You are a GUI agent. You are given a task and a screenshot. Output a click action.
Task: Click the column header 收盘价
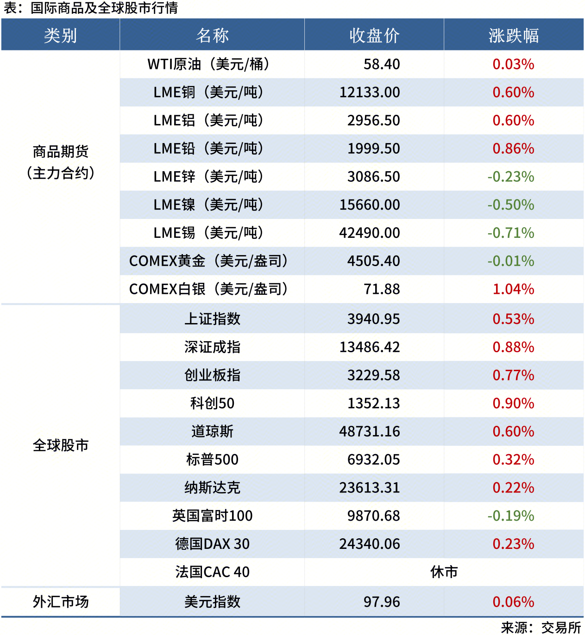point(374,36)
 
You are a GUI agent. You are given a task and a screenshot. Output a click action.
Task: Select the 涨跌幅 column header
point(513,36)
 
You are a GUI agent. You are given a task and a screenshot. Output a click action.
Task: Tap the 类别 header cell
point(60,36)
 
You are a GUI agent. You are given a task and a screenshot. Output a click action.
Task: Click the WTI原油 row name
point(208,64)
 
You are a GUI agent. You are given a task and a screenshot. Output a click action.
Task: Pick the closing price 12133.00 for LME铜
point(370,93)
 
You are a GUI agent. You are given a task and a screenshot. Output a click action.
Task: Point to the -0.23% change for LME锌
point(510,177)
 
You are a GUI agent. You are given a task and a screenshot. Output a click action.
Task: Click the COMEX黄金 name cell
point(208,261)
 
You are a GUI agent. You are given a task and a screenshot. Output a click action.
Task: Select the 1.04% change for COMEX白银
point(513,289)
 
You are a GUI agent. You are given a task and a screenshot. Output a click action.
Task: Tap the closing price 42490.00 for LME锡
point(370,233)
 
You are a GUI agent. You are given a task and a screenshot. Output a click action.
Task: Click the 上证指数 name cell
point(212,319)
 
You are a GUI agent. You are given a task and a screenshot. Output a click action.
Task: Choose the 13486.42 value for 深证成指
point(370,347)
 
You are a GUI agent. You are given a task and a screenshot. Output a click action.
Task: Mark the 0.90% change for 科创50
point(513,404)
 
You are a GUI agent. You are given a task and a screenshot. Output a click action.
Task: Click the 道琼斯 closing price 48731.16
point(370,431)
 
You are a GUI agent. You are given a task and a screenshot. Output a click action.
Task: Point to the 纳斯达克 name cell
point(212,488)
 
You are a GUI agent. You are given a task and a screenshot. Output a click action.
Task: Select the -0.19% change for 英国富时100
point(510,516)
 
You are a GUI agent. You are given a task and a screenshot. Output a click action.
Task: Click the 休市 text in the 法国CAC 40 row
point(444,572)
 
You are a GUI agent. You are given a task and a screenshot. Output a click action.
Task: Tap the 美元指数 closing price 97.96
point(382,602)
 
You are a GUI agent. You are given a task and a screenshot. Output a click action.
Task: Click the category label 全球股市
point(60,445)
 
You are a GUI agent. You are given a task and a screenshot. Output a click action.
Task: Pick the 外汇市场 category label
point(60,602)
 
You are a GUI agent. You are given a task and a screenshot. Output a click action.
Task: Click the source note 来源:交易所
point(541,628)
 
